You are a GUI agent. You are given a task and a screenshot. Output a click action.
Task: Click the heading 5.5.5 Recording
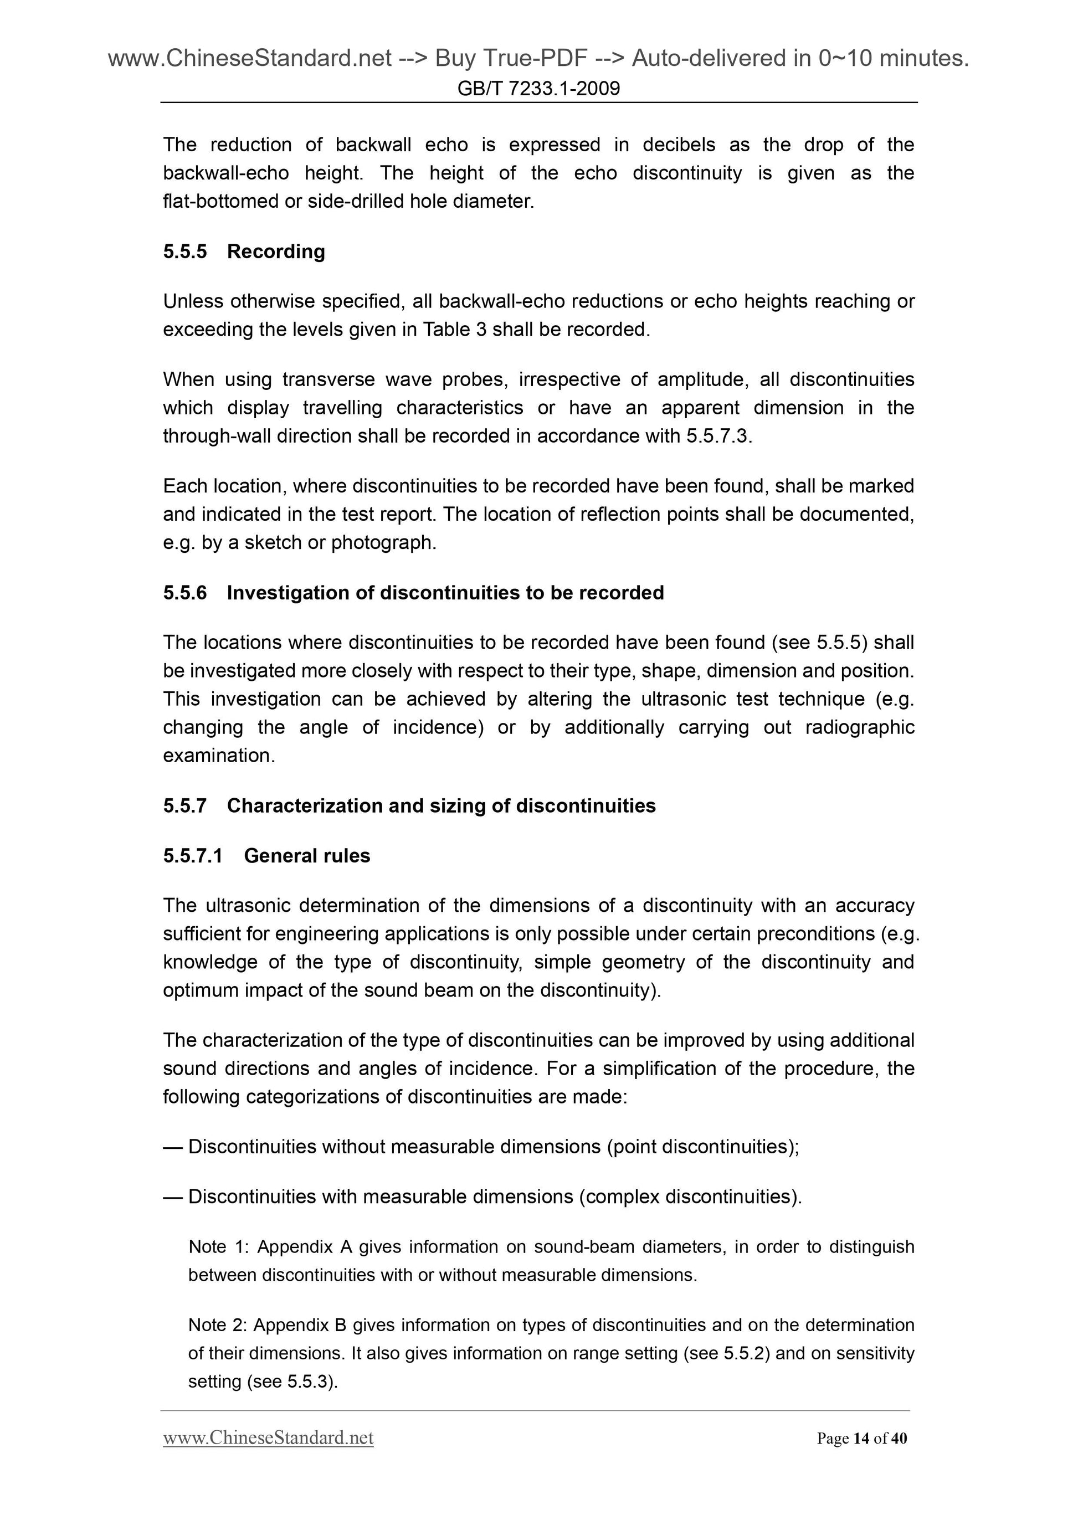[244, 251]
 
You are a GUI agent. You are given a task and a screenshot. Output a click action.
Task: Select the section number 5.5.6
[184, 593]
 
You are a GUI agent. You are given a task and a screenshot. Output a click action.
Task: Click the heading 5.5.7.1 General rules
[266, 855]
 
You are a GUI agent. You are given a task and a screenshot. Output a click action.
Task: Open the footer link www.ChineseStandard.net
[268, 1438]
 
